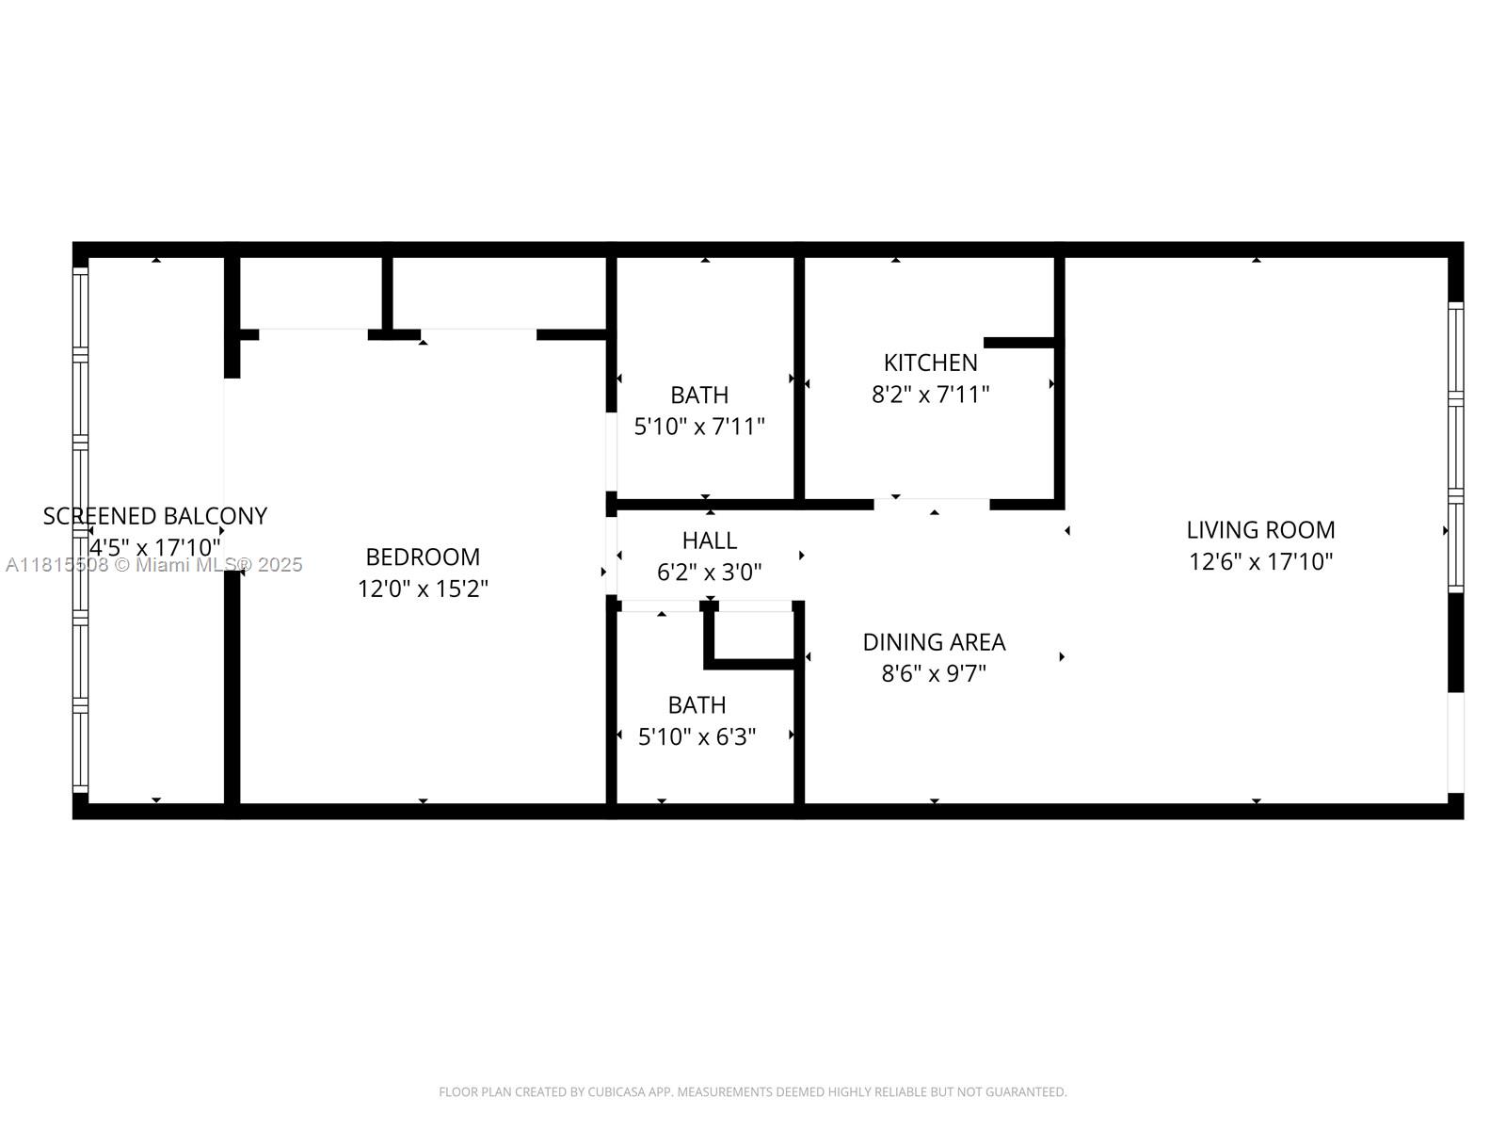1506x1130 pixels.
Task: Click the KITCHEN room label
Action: point(930,363)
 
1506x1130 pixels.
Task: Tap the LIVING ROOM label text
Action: point(1259,530)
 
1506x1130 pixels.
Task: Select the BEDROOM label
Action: point(423,557)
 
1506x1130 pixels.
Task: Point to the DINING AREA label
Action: point(934,642)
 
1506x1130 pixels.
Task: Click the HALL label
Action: point(709,541)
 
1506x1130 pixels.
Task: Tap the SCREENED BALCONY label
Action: point(155,516)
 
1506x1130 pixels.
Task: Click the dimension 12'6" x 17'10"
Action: point(1260,562)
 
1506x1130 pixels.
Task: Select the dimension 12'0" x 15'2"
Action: point(423,589)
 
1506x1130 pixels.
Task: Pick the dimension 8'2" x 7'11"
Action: point(930,395)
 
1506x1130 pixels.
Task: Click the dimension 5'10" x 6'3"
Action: point(697,737)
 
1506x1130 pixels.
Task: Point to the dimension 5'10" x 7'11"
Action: point(698,427)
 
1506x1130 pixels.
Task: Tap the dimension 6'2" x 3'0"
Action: point(709,573)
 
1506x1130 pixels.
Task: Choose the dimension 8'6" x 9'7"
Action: point(934,674)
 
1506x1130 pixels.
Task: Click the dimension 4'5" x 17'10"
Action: point(155,547)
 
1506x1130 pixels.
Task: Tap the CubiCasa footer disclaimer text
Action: point(752,1092)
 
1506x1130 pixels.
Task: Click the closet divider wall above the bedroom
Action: point(387,292)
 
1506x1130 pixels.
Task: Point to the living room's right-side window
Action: point(1455,447)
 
